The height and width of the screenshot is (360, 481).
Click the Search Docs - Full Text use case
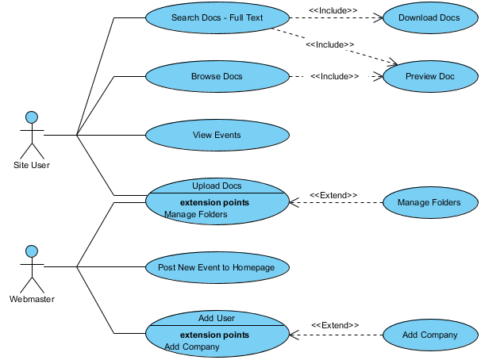[217, 17]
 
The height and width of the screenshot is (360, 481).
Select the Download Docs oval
[429, 17]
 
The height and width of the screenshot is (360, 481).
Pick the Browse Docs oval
[217, 77]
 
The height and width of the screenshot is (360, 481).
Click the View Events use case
[217, 135]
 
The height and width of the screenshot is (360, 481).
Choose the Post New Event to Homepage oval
[217, 267]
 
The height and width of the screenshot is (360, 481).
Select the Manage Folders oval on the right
[429, 203]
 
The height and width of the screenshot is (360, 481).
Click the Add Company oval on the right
[429, 335]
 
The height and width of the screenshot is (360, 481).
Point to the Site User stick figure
[32, 135]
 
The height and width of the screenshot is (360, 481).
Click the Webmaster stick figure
[32, 267]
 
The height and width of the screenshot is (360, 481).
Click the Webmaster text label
[32, 299]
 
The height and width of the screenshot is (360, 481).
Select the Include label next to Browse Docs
[334, 77]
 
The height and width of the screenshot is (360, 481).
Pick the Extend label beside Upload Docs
[333, 195]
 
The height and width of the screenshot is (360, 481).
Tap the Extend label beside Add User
[334, 325]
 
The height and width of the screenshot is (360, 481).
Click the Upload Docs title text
[217, 186]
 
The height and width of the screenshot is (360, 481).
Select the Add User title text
[217, 318]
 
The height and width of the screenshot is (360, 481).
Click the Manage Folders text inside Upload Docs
[195, 214]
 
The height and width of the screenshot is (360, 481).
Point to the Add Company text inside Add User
[191, 347]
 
